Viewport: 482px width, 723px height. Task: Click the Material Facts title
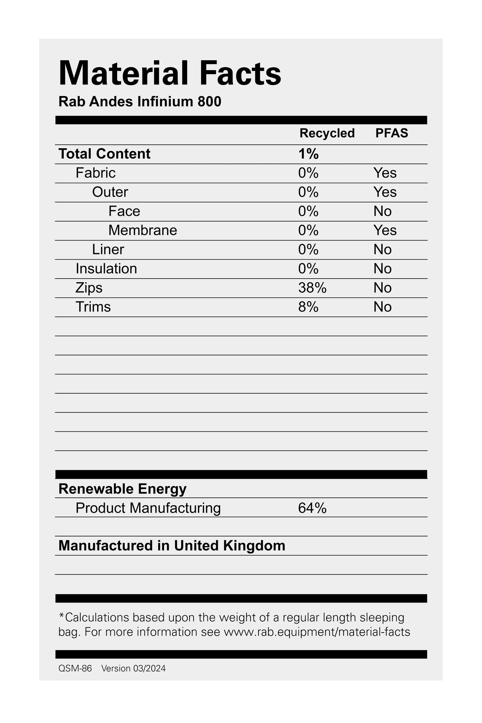tap(170, 74)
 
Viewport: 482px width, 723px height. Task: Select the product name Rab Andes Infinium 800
tap(140, 101)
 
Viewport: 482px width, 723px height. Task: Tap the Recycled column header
tap(327, 133)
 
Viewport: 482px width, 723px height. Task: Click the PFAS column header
tap(392, 133)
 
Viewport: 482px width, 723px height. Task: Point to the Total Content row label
tap(104, 154)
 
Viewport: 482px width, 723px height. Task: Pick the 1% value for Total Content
tap(308, 154)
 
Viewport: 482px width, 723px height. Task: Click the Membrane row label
tap(142, 230)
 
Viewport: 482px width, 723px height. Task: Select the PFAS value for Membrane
tap(385, 230)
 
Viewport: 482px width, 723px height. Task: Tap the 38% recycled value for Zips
tap(312, 288)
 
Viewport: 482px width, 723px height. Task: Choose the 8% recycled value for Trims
tap(308, 307)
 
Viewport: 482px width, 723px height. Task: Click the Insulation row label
tap(106, 269)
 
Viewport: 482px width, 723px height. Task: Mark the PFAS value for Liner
tap(382, 250)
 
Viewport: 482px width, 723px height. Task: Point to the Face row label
tap(124, 211)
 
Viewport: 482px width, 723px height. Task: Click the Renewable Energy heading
tap(122, 489)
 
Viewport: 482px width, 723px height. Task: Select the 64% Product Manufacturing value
tap(312, 508)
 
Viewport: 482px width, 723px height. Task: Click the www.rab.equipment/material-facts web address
tap(317, 632)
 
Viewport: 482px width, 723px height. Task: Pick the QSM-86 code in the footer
tap(75, 668)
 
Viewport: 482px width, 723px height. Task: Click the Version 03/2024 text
tap(133, 668)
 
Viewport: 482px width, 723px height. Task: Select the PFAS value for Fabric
tap(385, 173)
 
